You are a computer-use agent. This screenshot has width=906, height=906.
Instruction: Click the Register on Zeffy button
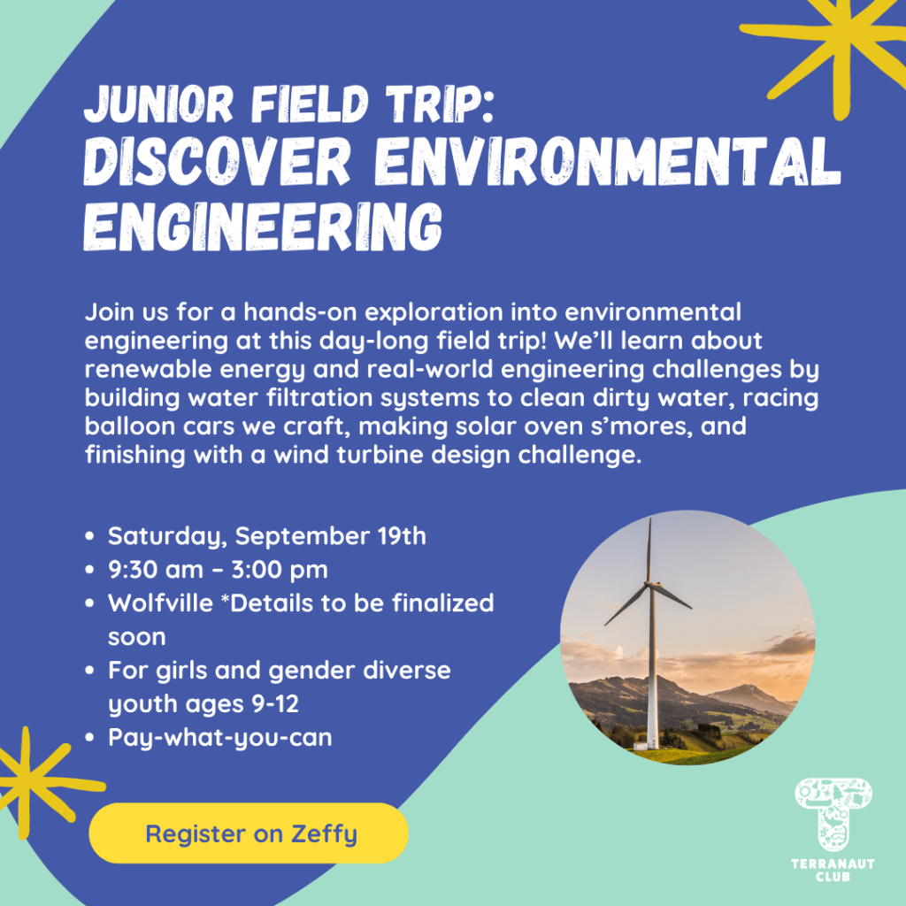coord(249,833)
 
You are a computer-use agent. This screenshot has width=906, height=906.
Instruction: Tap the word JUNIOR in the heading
coord(158,104)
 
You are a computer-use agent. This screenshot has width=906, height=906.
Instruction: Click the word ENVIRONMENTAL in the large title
coord(607,161)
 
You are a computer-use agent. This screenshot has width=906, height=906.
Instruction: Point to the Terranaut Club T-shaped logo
coord(833,815)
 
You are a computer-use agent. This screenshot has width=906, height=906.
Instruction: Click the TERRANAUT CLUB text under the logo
coord(833,870)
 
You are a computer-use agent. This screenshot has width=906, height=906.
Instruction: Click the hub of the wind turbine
coord(649,584)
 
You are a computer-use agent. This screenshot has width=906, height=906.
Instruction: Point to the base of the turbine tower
coord(652,745)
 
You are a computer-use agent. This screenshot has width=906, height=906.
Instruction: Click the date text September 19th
coord(331,536)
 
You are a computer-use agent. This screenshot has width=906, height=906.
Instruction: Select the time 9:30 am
coord(156,570)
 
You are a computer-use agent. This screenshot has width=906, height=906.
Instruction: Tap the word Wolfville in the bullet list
coord(161,603)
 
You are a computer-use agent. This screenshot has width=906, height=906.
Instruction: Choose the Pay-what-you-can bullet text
coord(220,738)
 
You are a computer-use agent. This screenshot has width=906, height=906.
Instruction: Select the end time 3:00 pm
coord(280,570)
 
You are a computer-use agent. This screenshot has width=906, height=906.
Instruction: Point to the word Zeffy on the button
coord(324,834)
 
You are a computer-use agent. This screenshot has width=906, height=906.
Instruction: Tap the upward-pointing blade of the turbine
coord(649,549)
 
